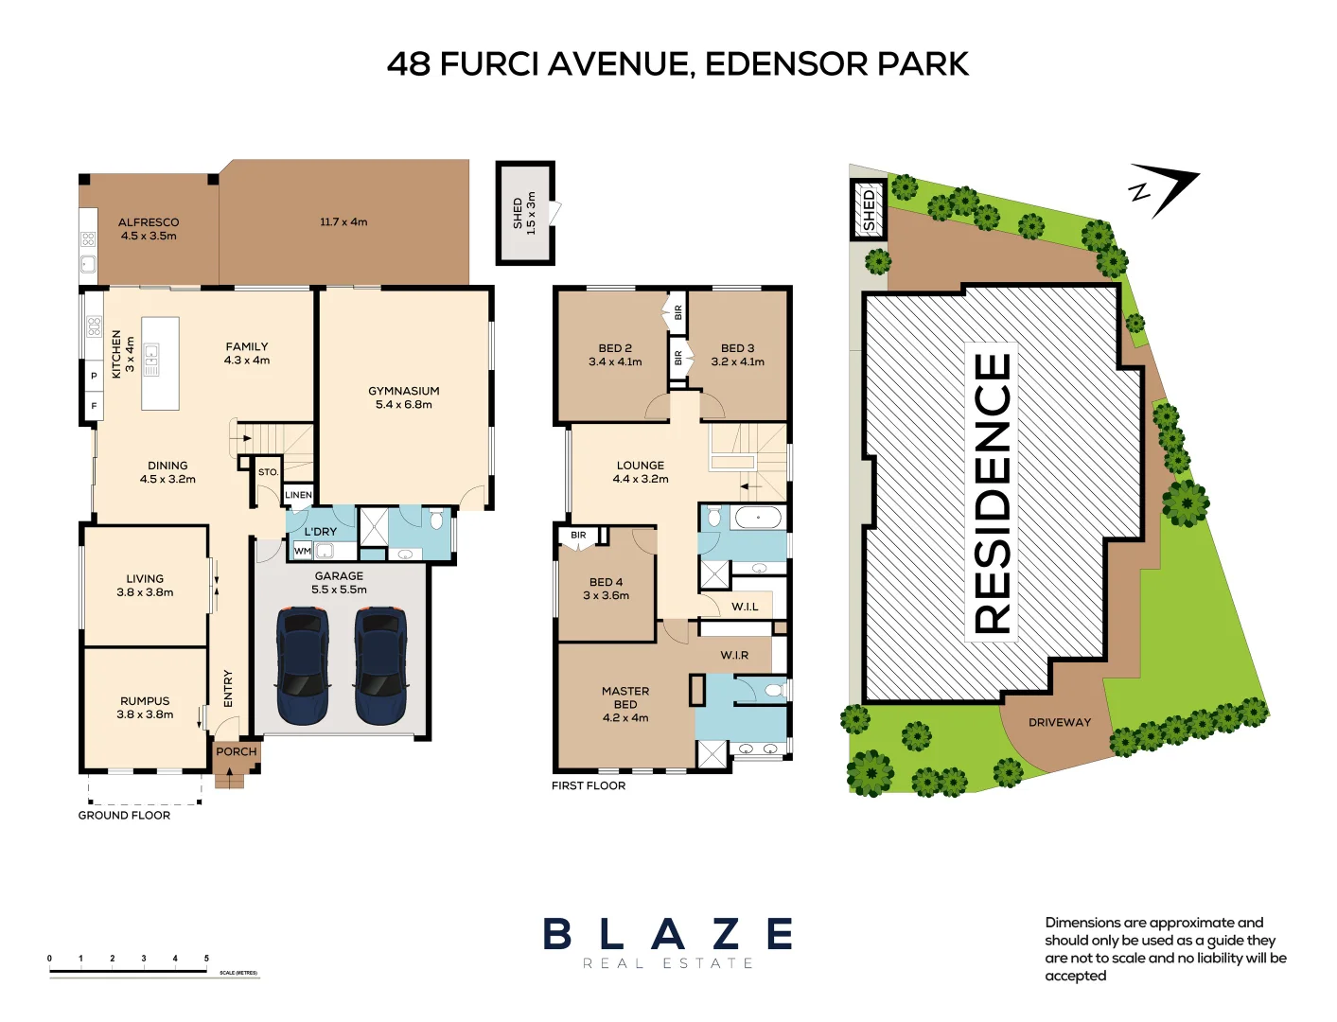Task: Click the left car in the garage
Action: coord(303,665)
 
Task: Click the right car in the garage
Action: coord(381,665)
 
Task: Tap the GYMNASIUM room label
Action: coord(404,391)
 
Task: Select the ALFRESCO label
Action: coord(149,222)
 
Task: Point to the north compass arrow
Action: coord(1169,190)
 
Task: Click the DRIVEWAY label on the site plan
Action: coord(1060,722)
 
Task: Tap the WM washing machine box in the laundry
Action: coord(302,551)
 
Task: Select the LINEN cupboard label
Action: coord(298,495)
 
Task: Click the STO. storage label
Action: coord(269,472)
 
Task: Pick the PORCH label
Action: coord(236,751)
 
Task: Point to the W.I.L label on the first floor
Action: coord(745,607)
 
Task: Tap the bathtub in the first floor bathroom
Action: coord(757,518)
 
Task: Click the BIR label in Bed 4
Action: coord(578,536)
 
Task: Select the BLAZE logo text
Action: coord(668,934)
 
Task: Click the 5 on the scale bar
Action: coord(206,959)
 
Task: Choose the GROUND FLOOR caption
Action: coord(124,815)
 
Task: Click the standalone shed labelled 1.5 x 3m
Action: coord(525,213)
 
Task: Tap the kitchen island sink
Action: coord(151,359)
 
